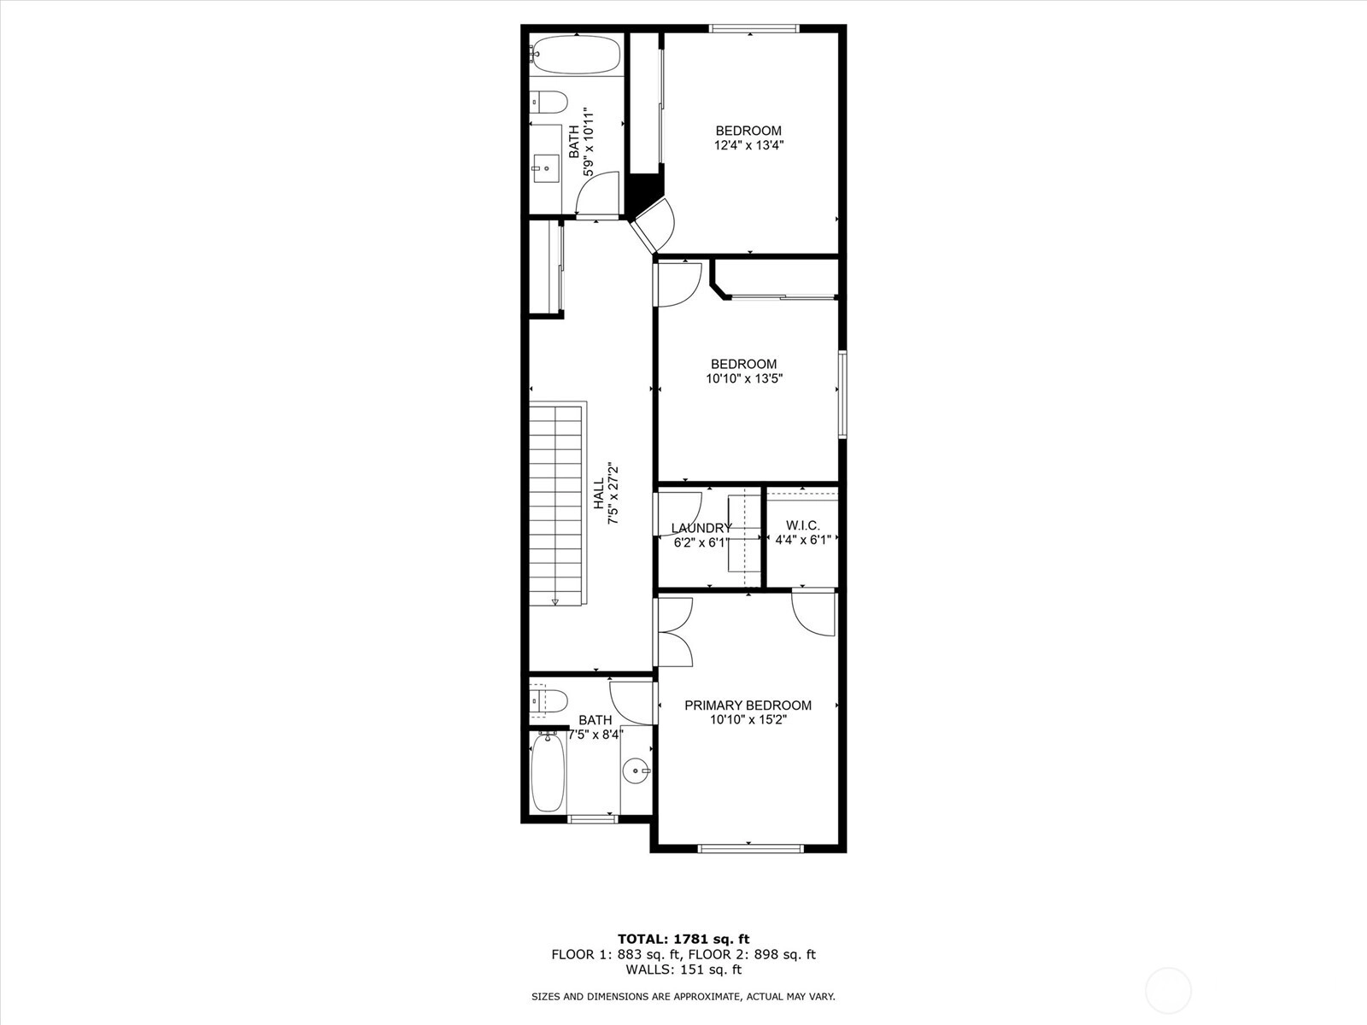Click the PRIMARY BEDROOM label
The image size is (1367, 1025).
click(748, 706)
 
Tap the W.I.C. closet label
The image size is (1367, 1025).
click(803, 526)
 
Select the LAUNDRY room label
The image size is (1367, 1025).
click(701, 529)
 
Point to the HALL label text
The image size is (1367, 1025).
click(599, 494)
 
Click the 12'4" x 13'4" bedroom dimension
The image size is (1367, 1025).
click(748, 145)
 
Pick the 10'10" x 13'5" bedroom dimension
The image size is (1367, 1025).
click(743, 378)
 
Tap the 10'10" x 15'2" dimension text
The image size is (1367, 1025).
click(748, 720)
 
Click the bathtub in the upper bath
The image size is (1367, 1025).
click(576, 55)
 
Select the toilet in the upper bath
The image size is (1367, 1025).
click(549, 102)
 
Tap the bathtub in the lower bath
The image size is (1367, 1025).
click(548, 771)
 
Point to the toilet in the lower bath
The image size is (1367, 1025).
click(549, 701)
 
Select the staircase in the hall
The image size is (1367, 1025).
click(558, 503)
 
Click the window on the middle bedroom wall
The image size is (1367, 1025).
click(842, 395)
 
